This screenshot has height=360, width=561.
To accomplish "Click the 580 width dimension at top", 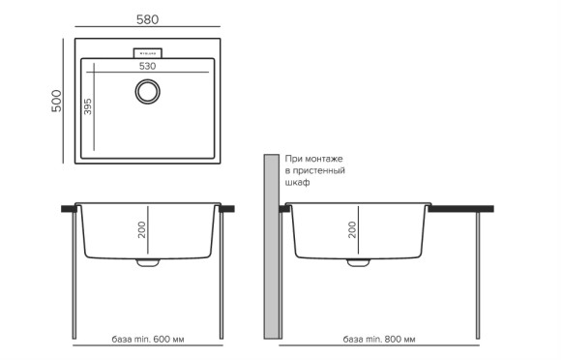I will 147,19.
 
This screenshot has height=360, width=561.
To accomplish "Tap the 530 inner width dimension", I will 147,67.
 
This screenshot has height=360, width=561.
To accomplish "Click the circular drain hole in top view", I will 148,92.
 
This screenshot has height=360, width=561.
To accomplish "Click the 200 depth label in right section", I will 352,229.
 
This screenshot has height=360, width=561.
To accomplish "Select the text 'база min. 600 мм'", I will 148,341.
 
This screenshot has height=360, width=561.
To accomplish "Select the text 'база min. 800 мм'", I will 379,341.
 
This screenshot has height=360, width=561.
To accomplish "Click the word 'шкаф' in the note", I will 297,182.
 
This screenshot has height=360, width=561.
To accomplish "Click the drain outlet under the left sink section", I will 148,261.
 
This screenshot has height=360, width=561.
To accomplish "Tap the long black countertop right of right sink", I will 460,208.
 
